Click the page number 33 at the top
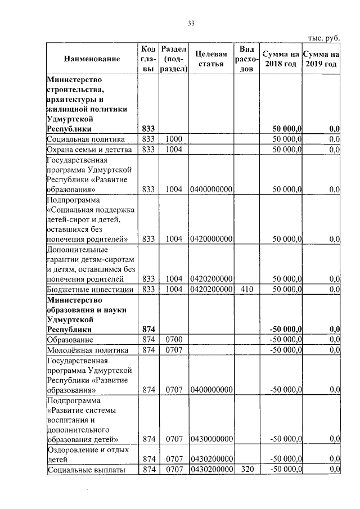[191, 23]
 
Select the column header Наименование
[92, 59]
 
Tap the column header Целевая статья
[211, 59]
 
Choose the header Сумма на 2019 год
[321, 59]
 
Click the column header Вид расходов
[248, 59]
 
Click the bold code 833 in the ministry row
[148, 129]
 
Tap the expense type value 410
[248, 289]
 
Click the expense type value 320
[248, 469]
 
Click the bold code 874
[148, 329]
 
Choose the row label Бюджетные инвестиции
[90, 289]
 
